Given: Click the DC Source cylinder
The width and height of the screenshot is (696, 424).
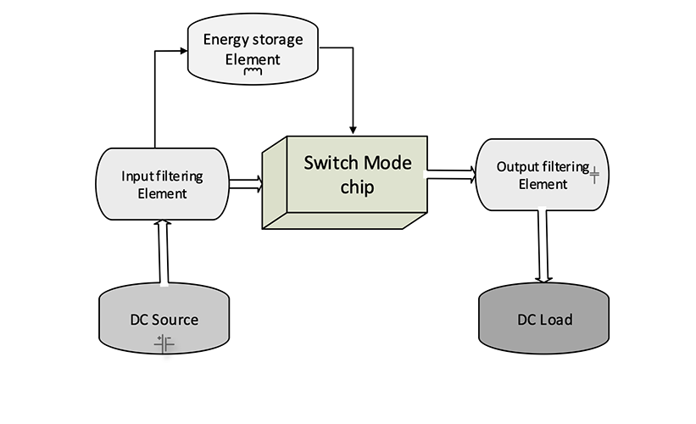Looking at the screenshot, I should click(x=164, y=321).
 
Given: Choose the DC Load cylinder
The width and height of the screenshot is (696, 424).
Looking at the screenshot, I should click(x=544, y=321).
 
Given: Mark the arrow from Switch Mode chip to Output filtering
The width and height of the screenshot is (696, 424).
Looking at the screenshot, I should click(x=449, y=175).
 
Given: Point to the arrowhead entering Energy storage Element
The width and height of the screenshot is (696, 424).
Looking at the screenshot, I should click(x=181, y=51).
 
